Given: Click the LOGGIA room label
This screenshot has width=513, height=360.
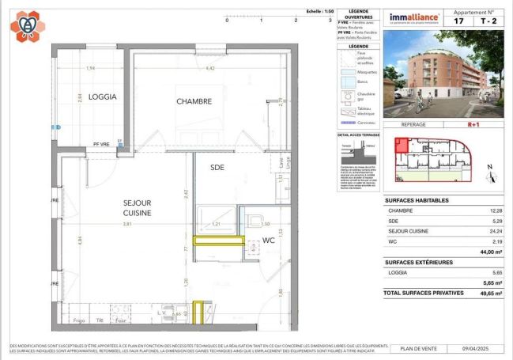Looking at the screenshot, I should point(102,97).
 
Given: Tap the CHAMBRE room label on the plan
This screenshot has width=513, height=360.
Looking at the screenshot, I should point(194,101).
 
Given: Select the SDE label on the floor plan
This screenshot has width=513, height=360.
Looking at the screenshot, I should point(217,167).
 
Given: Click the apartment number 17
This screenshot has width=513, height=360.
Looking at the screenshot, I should point(458,21).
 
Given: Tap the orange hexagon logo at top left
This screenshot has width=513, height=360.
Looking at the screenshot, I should point(27,25).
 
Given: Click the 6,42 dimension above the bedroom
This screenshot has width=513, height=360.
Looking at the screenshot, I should point(210,69).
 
